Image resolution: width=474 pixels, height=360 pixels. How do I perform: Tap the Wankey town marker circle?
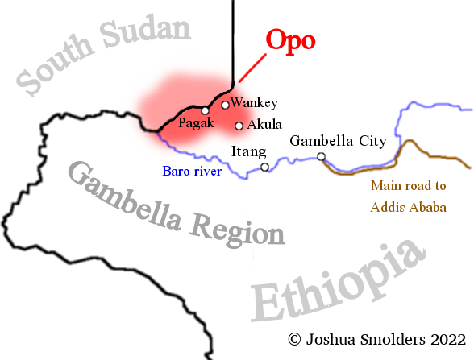pyautogui.click(x=225, y=105)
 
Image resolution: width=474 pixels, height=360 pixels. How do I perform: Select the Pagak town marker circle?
pyautogui.click(x=206, y=110)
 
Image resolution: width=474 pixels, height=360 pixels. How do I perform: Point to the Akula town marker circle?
pyautogui.click(x=239, y=126)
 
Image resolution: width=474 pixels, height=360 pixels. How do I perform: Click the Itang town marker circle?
pyautogui.click(x=264, y=168)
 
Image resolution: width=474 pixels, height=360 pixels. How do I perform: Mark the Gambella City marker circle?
pyautogui.click(x=321, y=156)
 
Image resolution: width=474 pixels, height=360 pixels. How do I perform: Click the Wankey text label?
pyautogui.click(x=254, y=102)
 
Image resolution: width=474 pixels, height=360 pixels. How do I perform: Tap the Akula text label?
pyautogui.click(x=264, y=125)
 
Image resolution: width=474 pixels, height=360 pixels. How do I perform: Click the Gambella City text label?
pyautogui.click(x=338, y=140)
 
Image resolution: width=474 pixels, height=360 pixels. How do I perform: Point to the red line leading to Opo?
pyautogui.click(x=253, y=67)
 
